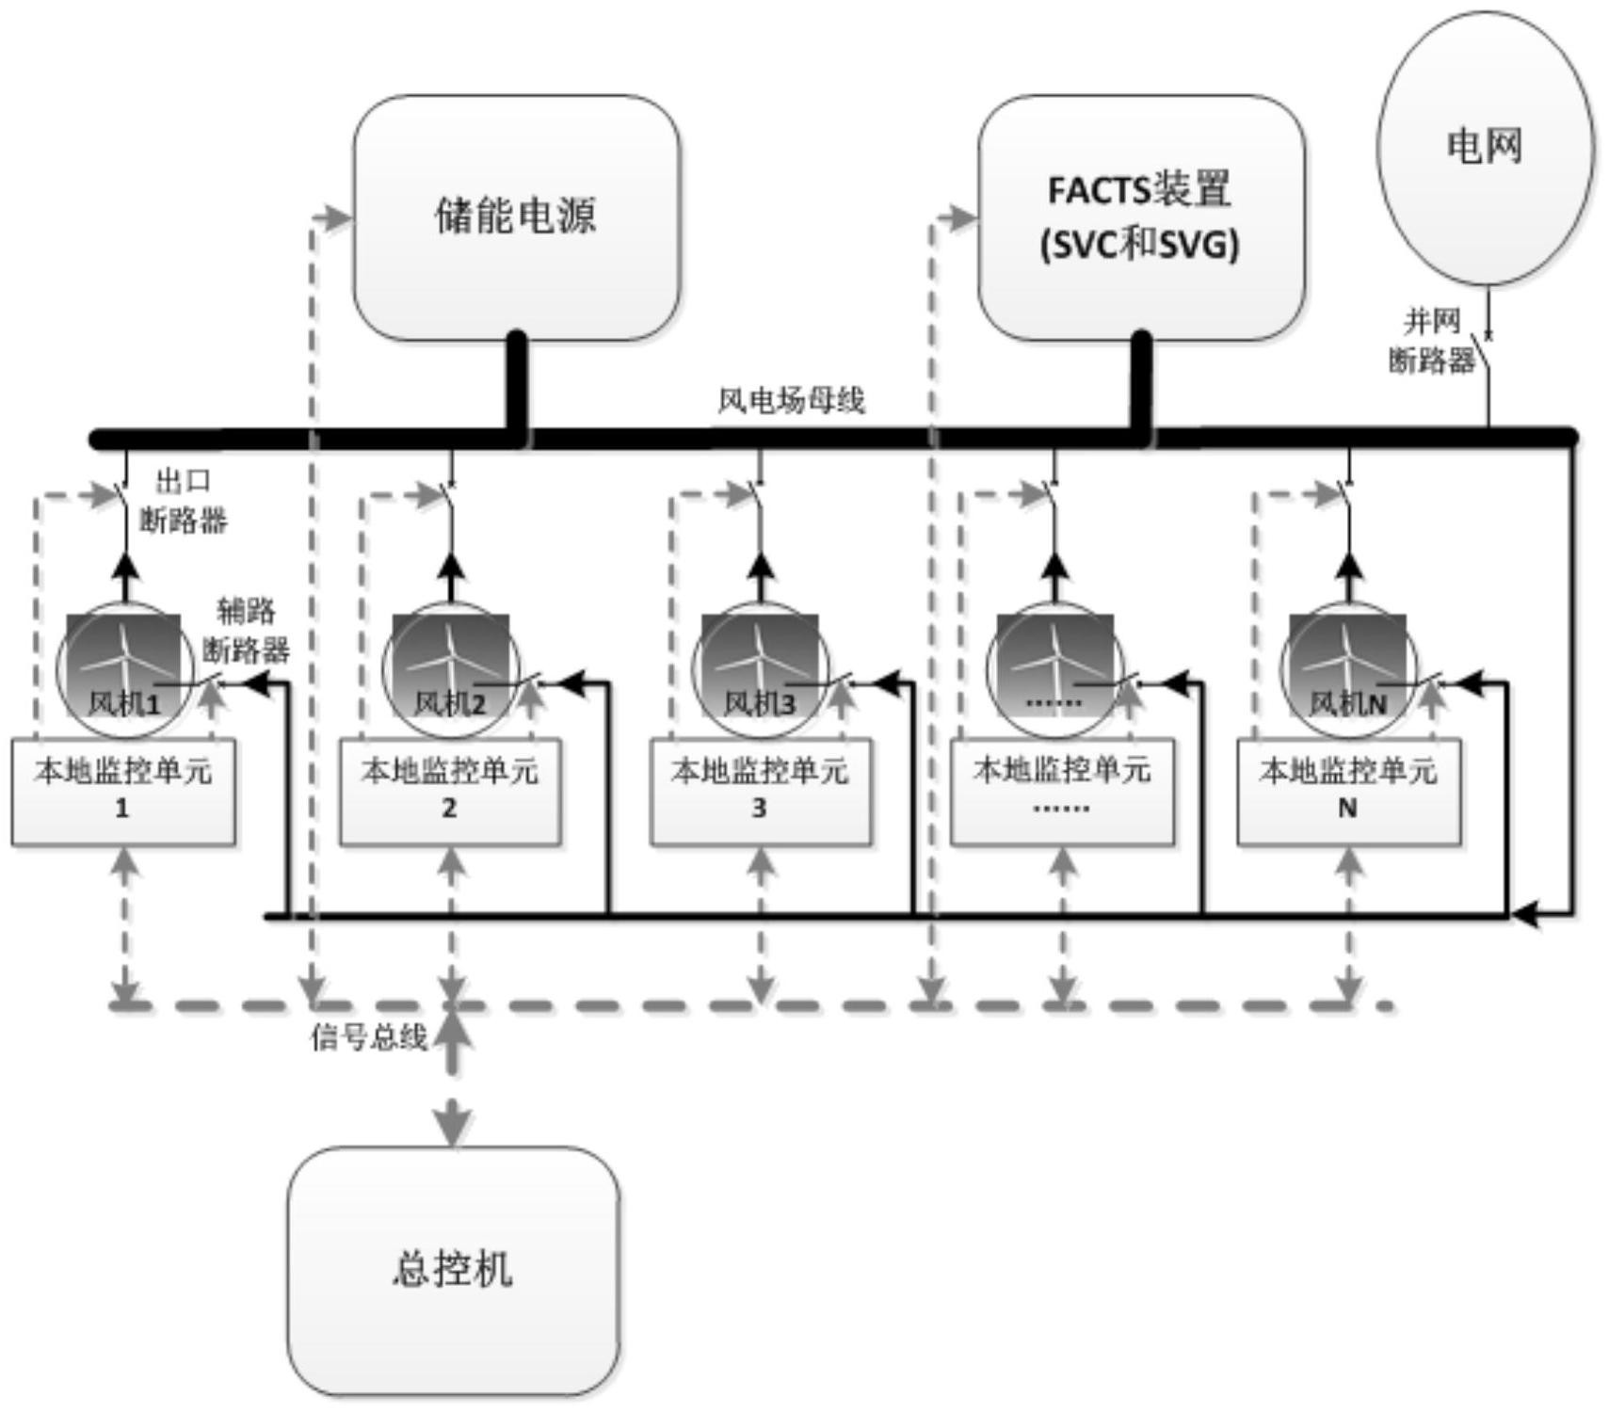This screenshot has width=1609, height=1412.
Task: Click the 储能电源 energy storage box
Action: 516,217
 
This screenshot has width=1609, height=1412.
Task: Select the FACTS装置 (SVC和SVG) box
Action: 1140,217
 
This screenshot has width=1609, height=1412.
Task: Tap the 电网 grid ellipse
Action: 1485,148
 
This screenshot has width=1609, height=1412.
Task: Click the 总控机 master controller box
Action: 453,1270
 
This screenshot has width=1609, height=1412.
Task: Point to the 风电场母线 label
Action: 791,401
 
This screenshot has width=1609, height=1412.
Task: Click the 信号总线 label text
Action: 369,1037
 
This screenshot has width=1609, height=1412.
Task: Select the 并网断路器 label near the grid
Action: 1431,341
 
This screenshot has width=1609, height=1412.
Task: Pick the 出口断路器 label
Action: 184,501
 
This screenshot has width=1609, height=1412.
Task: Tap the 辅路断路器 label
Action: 246,630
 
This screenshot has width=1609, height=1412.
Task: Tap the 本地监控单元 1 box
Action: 122,791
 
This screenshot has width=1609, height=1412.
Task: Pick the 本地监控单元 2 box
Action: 450,791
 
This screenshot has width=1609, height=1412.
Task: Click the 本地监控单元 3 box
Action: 760,791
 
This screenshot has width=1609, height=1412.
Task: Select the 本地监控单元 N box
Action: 1348,791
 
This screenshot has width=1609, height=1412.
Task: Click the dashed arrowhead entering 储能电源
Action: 333,218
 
